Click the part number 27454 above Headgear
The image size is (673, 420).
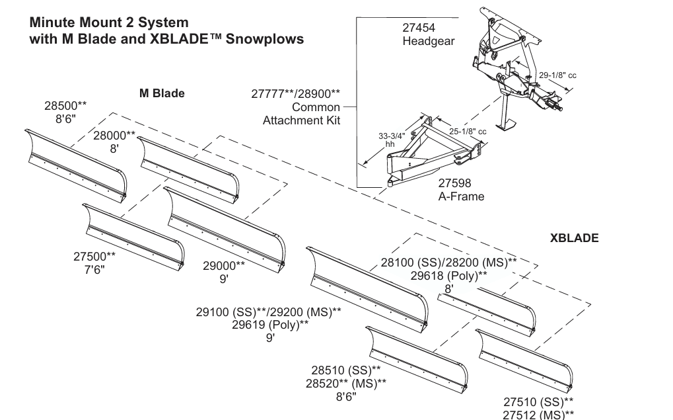419,28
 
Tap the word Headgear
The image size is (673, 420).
429,41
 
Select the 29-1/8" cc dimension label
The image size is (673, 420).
557,75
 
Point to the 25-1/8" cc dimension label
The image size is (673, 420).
468,131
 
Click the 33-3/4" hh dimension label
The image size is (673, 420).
392,140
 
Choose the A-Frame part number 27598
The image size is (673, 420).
454,183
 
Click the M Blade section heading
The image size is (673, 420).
162,93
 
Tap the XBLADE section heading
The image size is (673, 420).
575,238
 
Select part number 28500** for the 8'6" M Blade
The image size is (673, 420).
65,106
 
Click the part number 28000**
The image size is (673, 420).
114,136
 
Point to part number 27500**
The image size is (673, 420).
94,257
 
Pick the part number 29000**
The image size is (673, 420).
224,266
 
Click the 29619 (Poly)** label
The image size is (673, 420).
270,325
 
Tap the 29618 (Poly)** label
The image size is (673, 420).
448,276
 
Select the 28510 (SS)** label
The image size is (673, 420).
346,370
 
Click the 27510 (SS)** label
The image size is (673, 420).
538,402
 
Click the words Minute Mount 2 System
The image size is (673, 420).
109,22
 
